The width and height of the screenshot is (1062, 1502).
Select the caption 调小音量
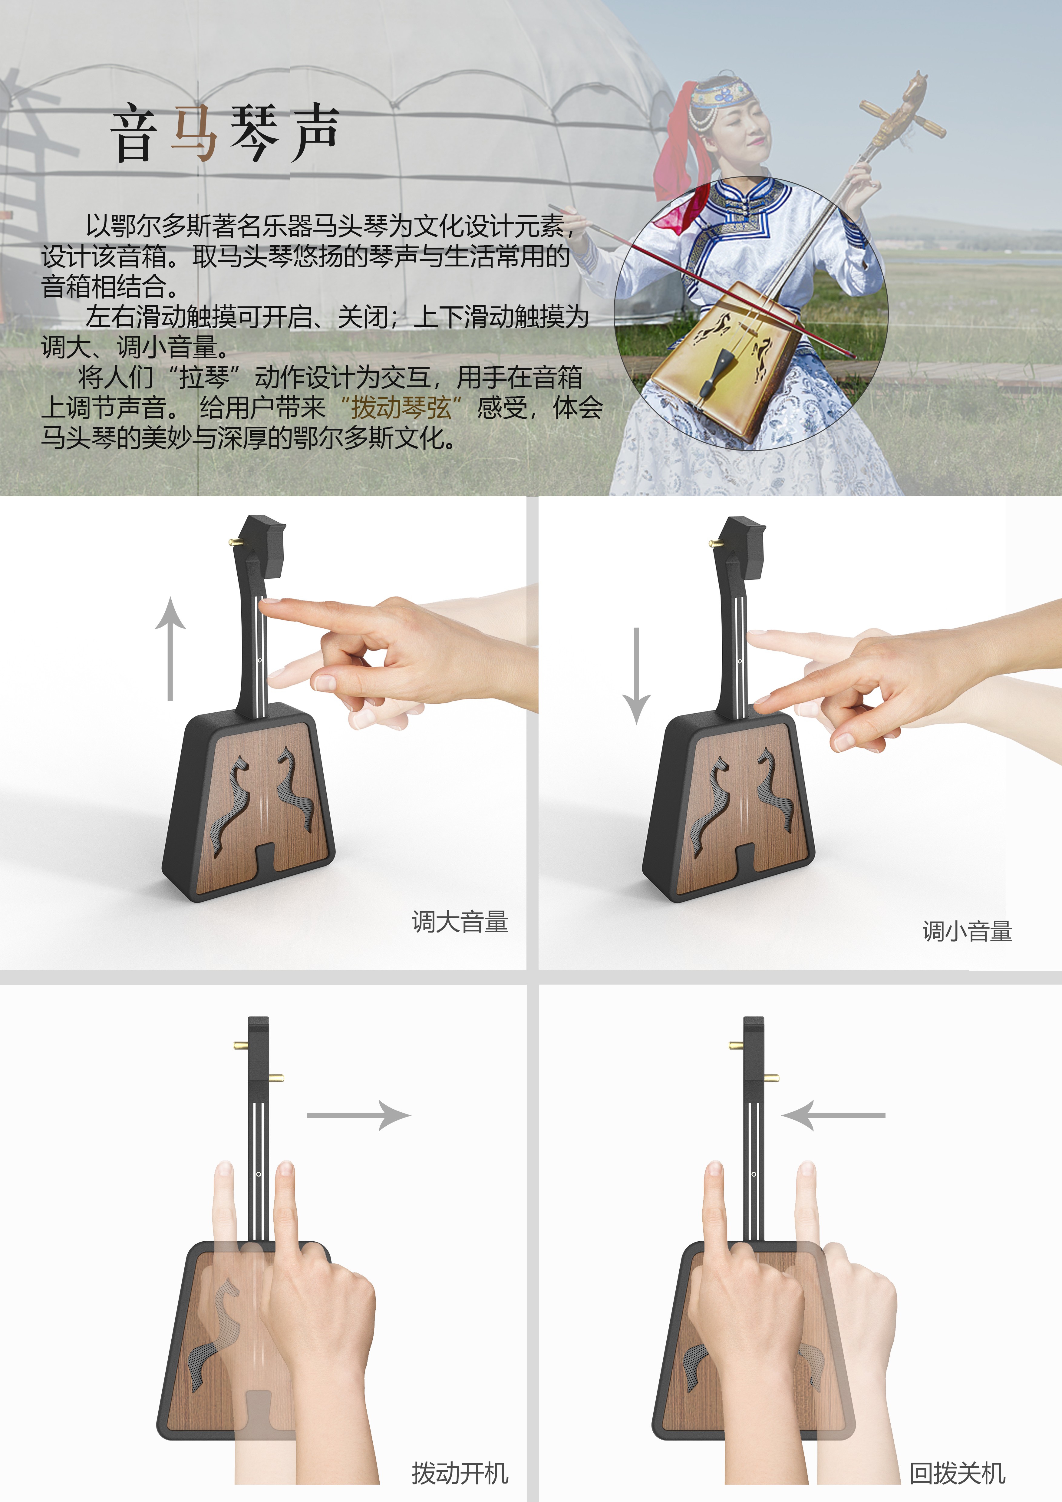(967, 931)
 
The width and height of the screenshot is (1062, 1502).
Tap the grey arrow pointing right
(358, 1115)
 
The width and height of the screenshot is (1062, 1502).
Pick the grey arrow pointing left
(833, 1115)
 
